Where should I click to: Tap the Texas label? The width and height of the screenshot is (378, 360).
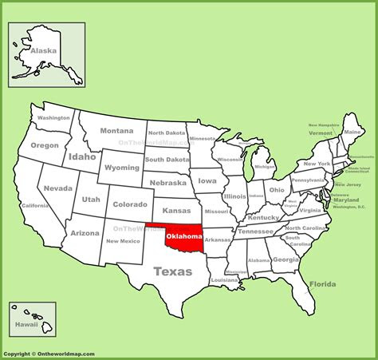(x=172, y=271)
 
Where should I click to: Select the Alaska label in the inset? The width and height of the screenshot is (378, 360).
(x=43, y=49)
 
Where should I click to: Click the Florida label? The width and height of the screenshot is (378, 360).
(x=322, y=284)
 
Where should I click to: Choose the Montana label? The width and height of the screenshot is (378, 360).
(x=116, y=131)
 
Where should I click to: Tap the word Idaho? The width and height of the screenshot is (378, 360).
(x=81, y=157)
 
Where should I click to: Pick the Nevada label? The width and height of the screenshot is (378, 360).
(x=58, y=188)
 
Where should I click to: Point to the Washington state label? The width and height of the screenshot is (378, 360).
(x=54, y=117)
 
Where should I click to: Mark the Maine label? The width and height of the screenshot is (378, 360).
(x=352, y=131)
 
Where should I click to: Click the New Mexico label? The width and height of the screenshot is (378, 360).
(x=124, y=240)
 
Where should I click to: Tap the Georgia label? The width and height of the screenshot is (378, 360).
(x=285, y=259)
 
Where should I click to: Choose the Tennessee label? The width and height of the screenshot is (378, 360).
(x=256, y=231)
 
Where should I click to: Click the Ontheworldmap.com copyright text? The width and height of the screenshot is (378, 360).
(x=49, y=354)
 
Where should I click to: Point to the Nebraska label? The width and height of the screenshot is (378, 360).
(x=167, y=182)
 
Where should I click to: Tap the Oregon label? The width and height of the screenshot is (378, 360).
(x=45, y=145)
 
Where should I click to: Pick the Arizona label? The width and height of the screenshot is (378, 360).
(x=85, y=233)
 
